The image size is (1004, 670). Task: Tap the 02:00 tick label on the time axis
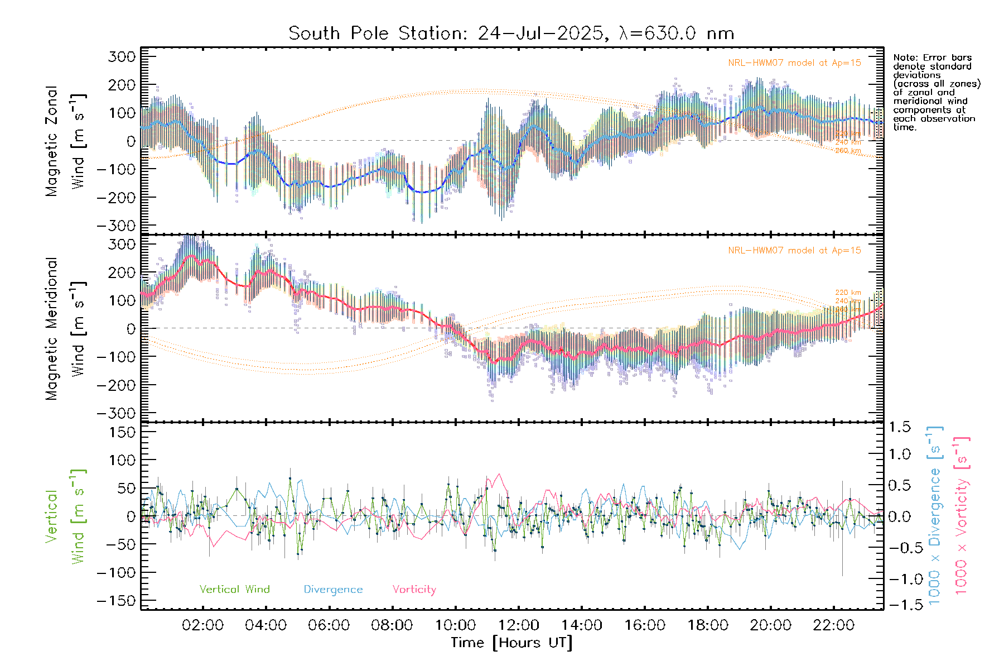click(202, 625)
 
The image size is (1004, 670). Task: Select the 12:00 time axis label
click(518, 625)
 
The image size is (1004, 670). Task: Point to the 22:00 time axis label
click(833, 625)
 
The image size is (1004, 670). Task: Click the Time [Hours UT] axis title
click(511, 643)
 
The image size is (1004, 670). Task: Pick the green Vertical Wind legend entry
click(234, 589)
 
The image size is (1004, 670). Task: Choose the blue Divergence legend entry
click(333, 589)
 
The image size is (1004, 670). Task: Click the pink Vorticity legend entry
click(414, 589)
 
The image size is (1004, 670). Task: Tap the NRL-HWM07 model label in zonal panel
click(794, 63)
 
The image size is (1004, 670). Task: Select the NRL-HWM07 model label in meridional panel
click(794, 250)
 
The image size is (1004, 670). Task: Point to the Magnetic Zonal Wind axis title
click(65, 141)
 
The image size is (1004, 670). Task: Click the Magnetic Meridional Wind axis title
click(65, 328)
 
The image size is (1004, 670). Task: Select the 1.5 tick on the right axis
click(899, 427)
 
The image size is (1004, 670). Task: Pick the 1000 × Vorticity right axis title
click(962, 515)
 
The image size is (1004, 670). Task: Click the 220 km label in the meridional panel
click(848, 293)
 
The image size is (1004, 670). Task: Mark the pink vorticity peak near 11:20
click(498, 475)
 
